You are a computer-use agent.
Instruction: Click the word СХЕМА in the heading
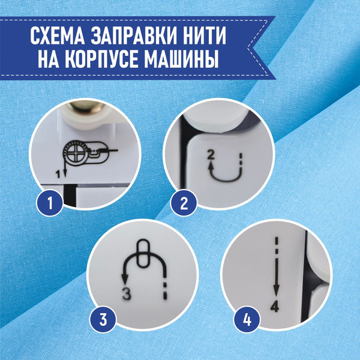point(58,36)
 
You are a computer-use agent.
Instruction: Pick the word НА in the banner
point(48,59)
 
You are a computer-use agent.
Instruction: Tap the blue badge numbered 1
point(50,203)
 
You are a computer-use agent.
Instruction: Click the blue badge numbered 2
point(184,203)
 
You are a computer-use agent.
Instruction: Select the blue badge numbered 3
point(103,320)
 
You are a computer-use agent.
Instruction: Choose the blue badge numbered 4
point(247,320)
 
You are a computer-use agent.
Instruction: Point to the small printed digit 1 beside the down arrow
point(59,175)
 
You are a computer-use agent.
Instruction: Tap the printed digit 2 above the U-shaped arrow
point(211,155)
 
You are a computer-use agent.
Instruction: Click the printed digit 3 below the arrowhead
point(127,294)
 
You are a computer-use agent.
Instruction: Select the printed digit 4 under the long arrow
point(275,306)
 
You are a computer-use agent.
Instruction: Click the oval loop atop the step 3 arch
point(143,253)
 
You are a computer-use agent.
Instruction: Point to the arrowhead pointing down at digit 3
point(125,279)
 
